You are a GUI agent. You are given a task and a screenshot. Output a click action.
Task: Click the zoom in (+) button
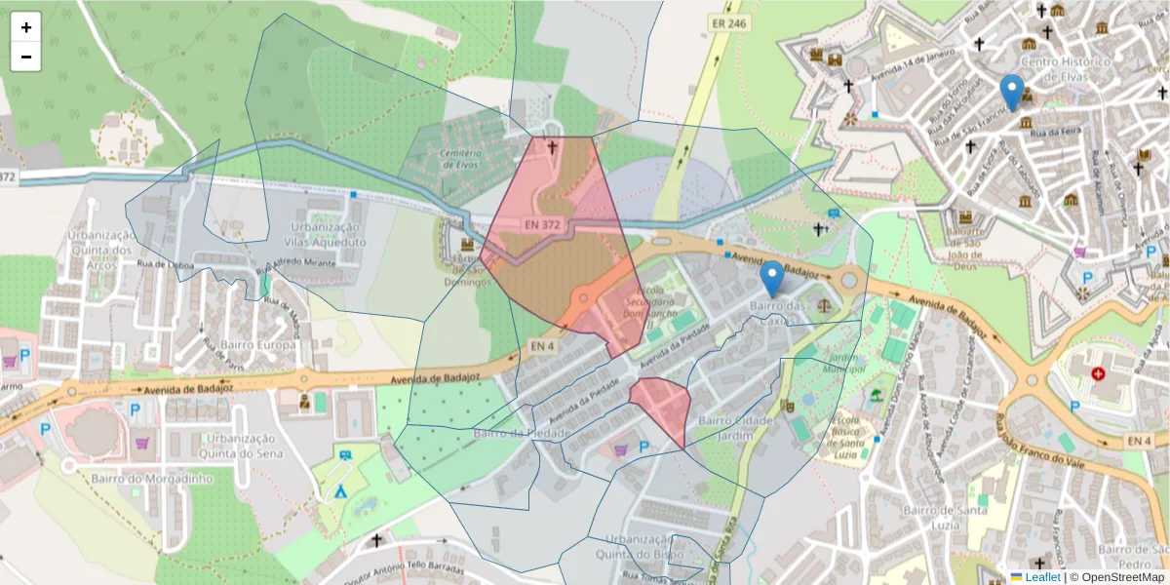26,27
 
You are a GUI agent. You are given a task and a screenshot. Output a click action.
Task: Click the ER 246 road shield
729,22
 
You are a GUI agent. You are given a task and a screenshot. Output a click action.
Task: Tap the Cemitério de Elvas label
461,160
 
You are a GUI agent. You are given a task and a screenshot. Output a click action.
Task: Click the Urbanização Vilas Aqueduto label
326,234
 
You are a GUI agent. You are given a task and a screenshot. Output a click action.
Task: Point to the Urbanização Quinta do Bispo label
640,545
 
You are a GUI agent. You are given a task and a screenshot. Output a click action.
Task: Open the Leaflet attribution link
1042,577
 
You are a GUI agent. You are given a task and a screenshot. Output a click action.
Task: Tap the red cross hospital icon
1099,373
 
